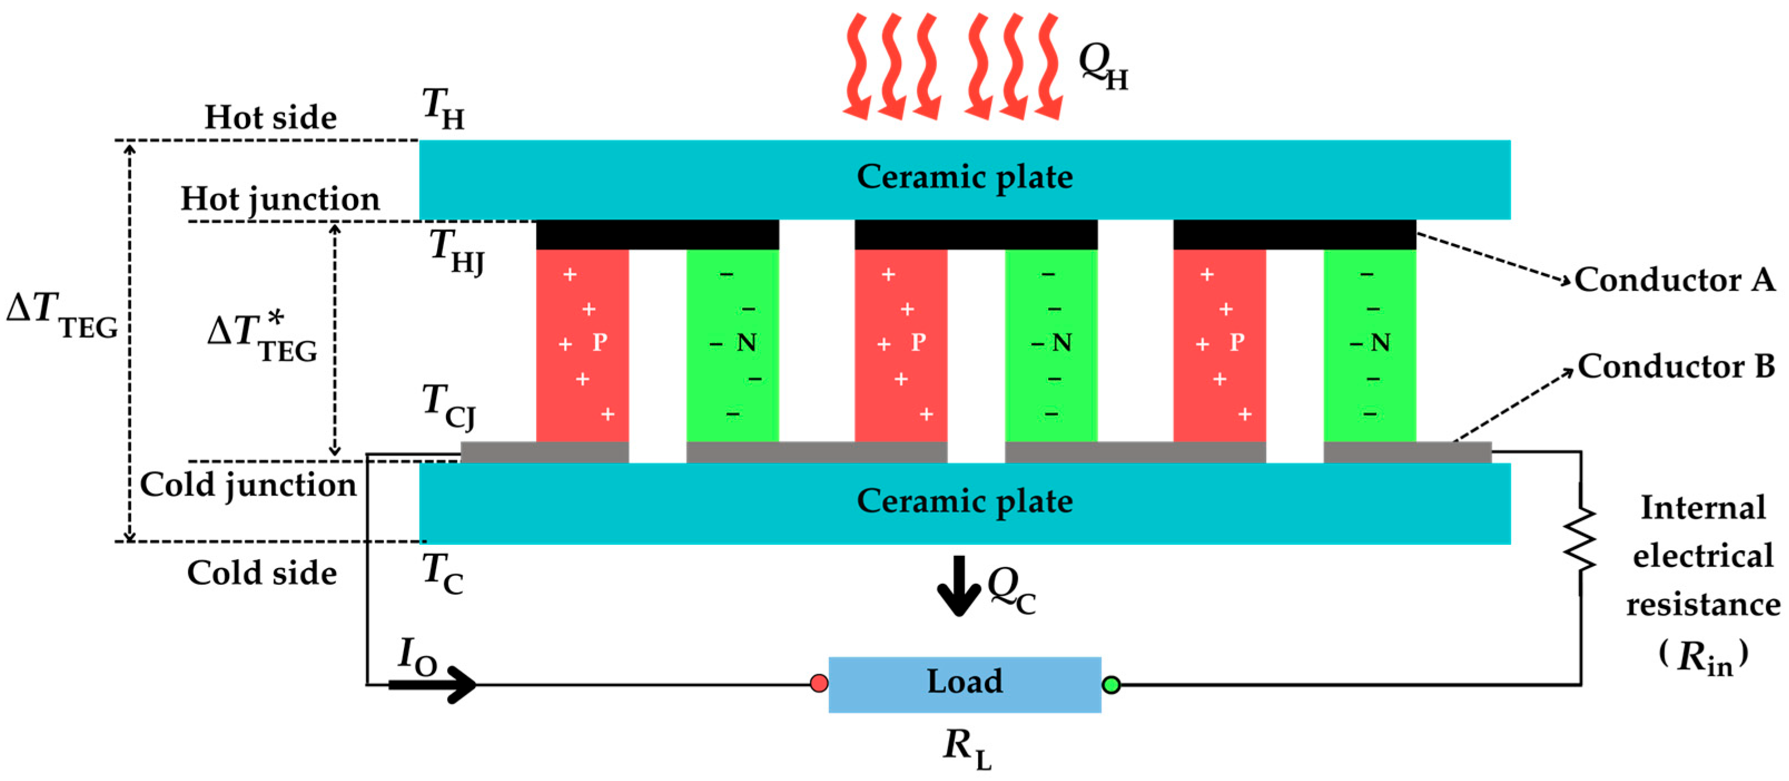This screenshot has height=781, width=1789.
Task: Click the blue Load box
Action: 964,684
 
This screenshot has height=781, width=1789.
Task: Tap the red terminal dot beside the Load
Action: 819,683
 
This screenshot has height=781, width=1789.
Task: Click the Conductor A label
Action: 1674,280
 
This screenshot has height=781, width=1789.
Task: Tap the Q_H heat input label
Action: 1102,67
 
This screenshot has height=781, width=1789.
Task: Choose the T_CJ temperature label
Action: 448,406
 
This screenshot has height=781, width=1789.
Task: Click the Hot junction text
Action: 280,199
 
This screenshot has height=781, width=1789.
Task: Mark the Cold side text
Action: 262,573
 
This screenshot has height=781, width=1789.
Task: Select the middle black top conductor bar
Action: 975,235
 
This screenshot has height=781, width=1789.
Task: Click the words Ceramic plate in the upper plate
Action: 964,177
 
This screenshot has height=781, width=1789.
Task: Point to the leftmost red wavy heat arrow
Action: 858,66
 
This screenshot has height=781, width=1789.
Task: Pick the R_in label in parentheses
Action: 1703,656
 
